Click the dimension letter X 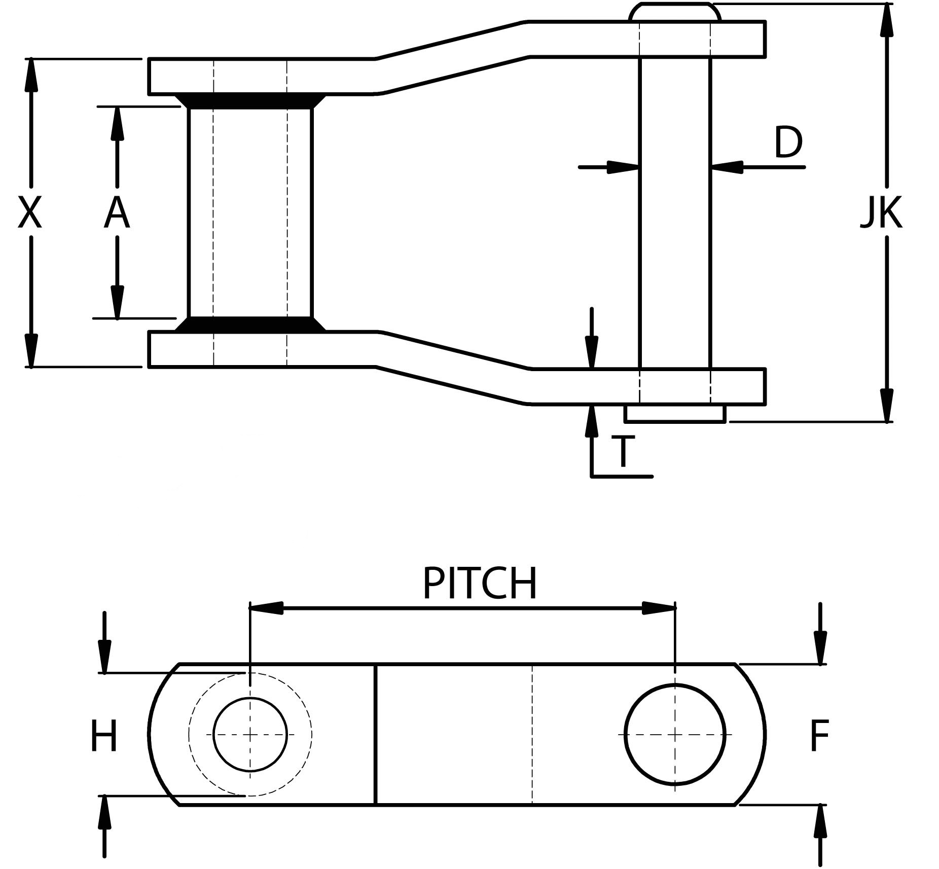29,213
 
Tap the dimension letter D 788,142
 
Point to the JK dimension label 882,213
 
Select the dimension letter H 104,735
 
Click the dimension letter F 819,735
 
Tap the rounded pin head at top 674,12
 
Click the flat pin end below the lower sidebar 675,414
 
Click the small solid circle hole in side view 250,734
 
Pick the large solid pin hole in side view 675,734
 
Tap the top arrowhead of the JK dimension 886,20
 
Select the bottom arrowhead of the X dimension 31,350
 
